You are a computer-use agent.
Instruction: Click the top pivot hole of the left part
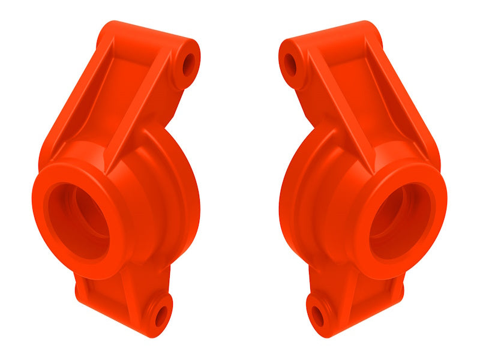click(x=188, y=62)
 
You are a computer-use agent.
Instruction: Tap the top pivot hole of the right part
click(x=291, y=62)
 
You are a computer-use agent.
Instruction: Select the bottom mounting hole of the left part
click(x=161, y=314)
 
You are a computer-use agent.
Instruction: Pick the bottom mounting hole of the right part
click(x=319, y=314)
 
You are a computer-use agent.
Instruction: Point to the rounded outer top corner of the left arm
click(x=111, y=30)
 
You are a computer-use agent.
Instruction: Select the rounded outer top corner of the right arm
click(x=368, y=30)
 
